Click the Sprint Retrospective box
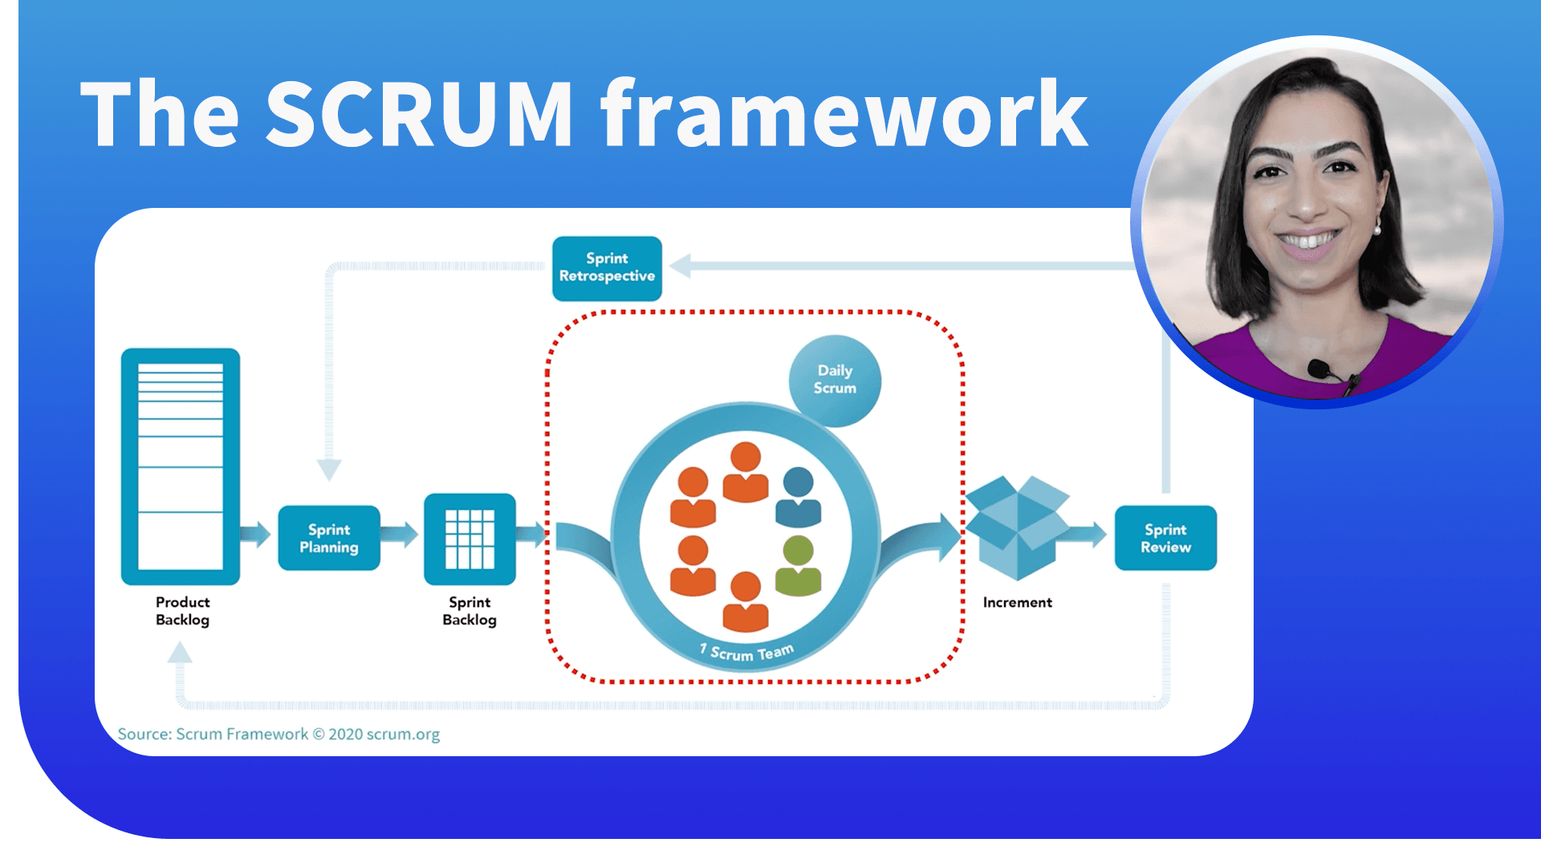tap(607, 268)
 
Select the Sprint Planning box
tap(329, 538)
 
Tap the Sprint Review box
tap(1165, 538)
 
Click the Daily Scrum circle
tap(835, 380)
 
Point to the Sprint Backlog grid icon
tap(470, 539)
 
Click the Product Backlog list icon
tap(181, 466)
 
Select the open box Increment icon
tap(1017, 527)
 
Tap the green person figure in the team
tap(799, 567)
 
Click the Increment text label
tap(1017, 602)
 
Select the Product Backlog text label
tap(182, 611)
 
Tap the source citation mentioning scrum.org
tap(279, 734)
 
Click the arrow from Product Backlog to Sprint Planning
tap(256, 534)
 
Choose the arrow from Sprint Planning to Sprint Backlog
tap(400, 534)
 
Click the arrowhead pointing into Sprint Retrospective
tap(681, 266)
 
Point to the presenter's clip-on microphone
tap(1317, 368)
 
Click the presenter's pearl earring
tap(1376, 230)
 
